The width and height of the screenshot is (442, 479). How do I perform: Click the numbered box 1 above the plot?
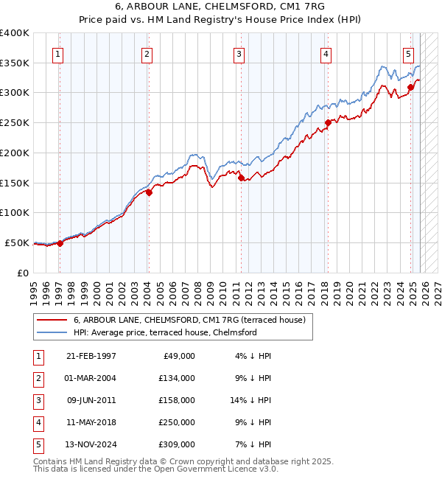pyautogui.click(x=57, y=53)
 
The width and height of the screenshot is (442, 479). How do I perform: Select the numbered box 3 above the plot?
pyautogui.click(x=239, y=53)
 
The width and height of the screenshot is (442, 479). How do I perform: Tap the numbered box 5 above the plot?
pyautogui.click(x=408, y=53)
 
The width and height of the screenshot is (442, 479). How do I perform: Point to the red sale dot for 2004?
pyautogui.click(x=149, y=192)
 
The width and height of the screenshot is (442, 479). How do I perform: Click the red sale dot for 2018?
pyautogui.click(x=328, y=123)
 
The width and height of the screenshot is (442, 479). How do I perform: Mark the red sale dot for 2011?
pyautogui.click(x=241, y=178)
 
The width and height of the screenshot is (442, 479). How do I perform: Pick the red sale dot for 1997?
pyautogui.click(x=60, y=243)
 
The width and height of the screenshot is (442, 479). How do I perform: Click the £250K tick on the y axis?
pyautogui.click(x=15, y=122)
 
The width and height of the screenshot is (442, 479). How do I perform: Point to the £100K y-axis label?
pyautogui.click(x=15, y=212)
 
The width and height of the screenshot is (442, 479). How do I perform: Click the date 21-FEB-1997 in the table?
pyautogui.click(x=91, y=356)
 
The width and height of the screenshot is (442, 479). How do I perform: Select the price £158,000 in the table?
pyautogui.click(x=177, y=400)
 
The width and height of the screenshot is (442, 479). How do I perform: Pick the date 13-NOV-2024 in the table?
pyautogui.click(x=91, y=444)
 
